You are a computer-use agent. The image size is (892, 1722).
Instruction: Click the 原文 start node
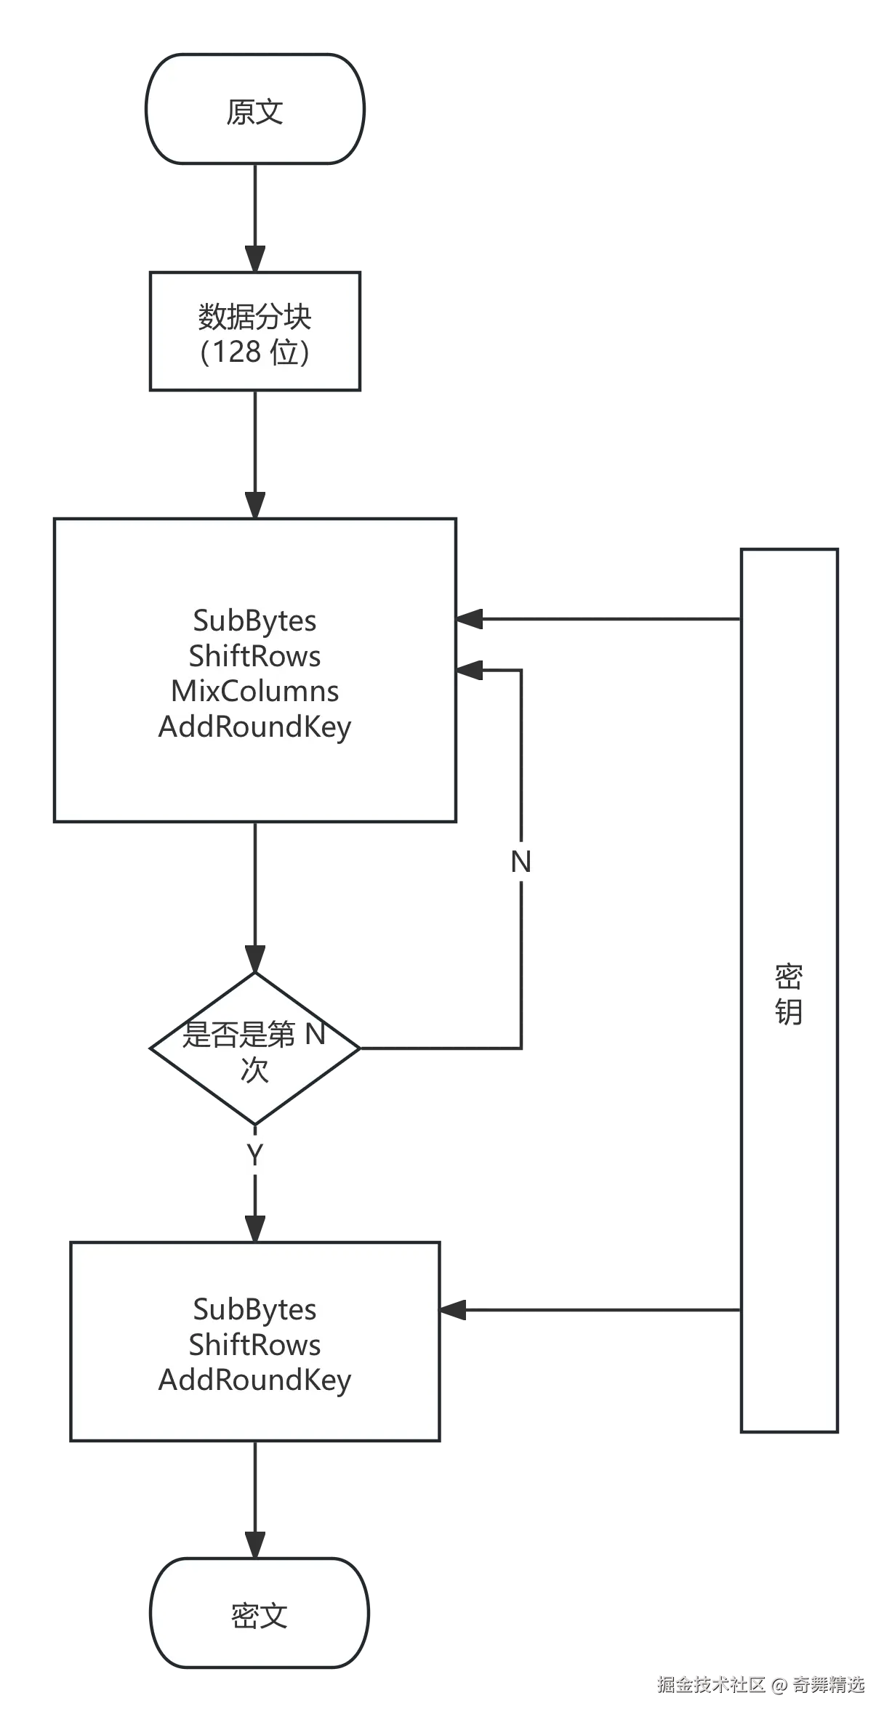[x=254, y=110]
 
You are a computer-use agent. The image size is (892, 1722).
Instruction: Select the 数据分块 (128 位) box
[x=254, y=332]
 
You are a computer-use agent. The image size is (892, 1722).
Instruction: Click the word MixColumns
[x=254, y=691]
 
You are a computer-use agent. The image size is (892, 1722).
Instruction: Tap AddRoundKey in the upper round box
[x=254, y=727]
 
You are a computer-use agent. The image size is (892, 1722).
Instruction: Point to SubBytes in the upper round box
[x=254, y=621]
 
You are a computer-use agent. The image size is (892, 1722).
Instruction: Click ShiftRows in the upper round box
[x=254, y=656]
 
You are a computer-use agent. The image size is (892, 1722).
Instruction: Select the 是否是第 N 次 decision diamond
[x=254, y=1049]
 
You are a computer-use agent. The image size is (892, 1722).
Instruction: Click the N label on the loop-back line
[x=521, y=861]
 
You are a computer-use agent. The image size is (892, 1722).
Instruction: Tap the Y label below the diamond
[x=254, y=1155]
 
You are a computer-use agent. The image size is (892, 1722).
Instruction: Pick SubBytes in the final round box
[x=254, y=1309]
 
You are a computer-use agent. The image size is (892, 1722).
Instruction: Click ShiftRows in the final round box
[x=254, y=1345]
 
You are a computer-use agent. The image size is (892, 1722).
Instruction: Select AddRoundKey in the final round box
[x=254, y=1380]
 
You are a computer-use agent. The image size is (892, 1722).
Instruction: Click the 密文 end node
[x=259, y=1616]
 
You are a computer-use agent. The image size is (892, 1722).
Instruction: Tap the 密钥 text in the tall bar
[x=789, y=995]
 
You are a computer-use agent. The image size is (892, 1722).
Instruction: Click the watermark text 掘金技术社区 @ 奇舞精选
[x=760, y=1684]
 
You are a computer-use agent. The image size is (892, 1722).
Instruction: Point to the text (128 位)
[x=254, y=352]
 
